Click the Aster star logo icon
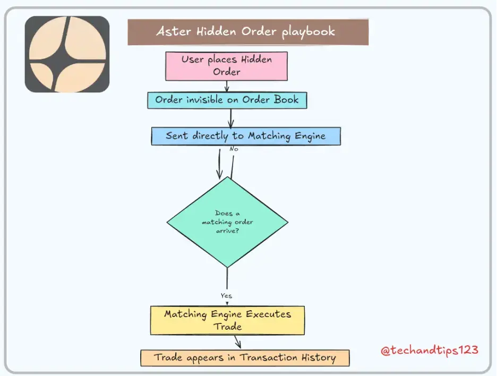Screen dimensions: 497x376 point(67,54)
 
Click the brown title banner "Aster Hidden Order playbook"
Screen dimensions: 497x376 point(248,32)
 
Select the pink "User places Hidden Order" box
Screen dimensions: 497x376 point(226,66)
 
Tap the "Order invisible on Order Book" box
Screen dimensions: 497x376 point(227,100)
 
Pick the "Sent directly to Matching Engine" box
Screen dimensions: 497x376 point(246,136)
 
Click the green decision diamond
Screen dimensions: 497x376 point(227,222)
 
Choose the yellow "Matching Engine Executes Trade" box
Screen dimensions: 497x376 point(227,320)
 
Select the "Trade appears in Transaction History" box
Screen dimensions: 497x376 point(245,358)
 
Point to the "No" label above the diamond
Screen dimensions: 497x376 point(234,149)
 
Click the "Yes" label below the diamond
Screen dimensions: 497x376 point(226,295)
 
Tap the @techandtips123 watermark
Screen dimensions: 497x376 point(430,351)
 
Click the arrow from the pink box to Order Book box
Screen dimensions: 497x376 point(227,86)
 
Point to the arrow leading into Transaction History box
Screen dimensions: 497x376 point(238,342)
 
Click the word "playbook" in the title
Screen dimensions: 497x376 point(308,32)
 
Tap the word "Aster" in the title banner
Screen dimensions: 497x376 point(174,31)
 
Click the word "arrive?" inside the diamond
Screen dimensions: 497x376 point(227,231)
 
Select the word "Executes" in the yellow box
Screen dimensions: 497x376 point(268,314)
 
